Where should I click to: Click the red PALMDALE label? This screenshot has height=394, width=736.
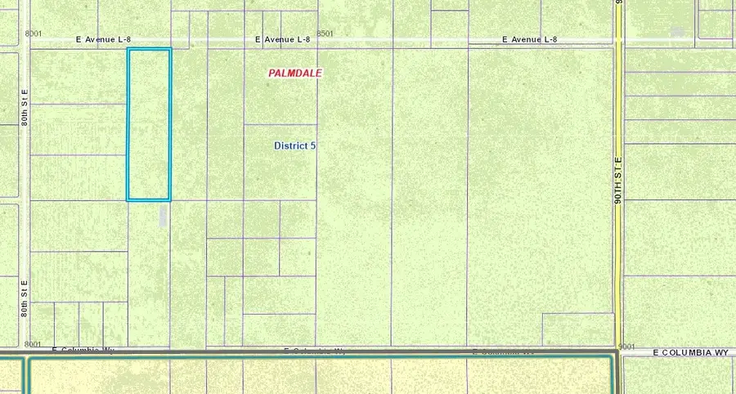pos(295,73)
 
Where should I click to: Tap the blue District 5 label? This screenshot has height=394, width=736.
pos(294,146)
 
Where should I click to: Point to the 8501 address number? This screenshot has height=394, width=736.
pos(325,34)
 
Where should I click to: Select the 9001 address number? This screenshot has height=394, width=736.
pos(627,346)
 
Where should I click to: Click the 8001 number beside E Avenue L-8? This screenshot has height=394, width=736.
pos(34,34)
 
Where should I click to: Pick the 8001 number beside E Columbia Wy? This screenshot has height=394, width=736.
pos(34,344)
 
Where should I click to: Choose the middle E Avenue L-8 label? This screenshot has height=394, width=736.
pos(282,39)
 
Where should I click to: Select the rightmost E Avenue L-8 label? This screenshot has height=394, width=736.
pos(529,39)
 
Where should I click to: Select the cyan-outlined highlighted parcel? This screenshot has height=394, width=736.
pos(148,124)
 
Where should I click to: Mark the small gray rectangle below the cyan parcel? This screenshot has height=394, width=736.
pos(163,216)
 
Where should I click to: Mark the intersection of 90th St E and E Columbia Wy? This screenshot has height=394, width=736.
pos(619,352)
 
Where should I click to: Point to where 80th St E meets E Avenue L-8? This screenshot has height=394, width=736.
pos(29,40)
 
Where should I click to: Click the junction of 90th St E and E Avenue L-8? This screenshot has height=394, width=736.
pos(619,40)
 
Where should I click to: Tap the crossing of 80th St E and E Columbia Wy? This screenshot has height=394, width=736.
pos(29,352)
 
